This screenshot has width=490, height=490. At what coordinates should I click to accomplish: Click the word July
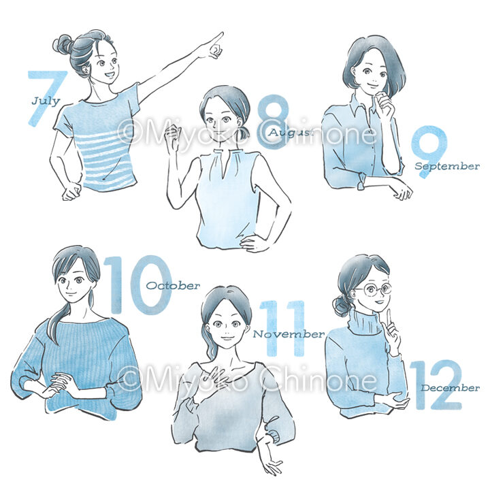(46, 101)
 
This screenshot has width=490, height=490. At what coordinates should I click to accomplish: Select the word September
(447, 166)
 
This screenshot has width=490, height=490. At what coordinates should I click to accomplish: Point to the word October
(173, 286)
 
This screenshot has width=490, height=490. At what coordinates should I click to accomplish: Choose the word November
(289, 334)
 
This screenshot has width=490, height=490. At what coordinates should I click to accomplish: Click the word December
(450, 388)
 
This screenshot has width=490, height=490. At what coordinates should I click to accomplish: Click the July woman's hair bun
(63, 45)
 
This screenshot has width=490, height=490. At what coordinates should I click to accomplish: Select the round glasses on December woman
(375, 290)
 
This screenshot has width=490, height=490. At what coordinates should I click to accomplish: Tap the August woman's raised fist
(172, 137)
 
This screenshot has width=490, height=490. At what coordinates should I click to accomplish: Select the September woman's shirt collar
(363, 106)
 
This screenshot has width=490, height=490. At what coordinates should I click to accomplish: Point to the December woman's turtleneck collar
(365, 322)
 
